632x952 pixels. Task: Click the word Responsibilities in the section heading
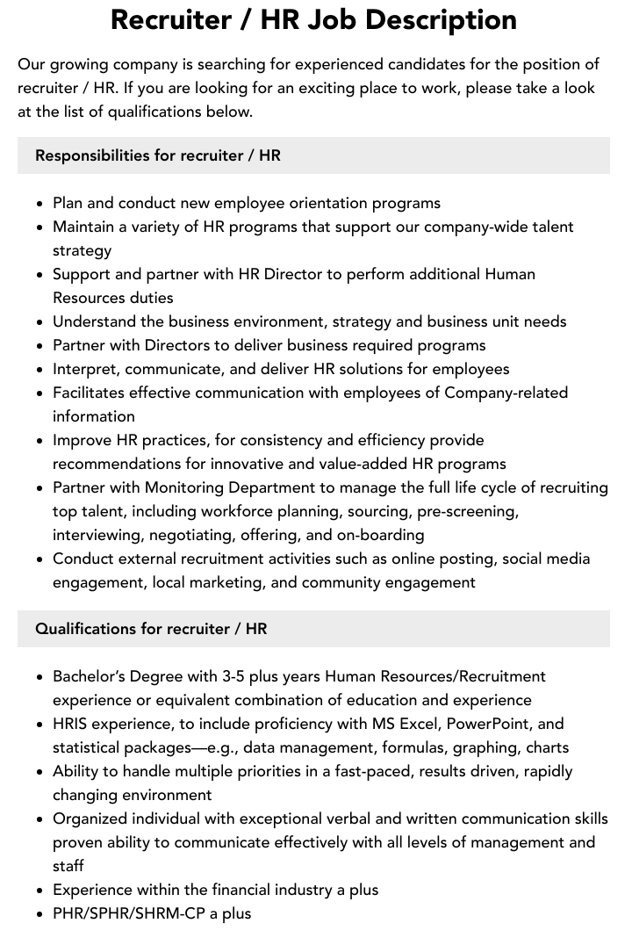click(92, 155)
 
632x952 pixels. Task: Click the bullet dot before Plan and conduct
click(39, 204)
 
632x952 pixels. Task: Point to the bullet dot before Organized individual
click(39, 819)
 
